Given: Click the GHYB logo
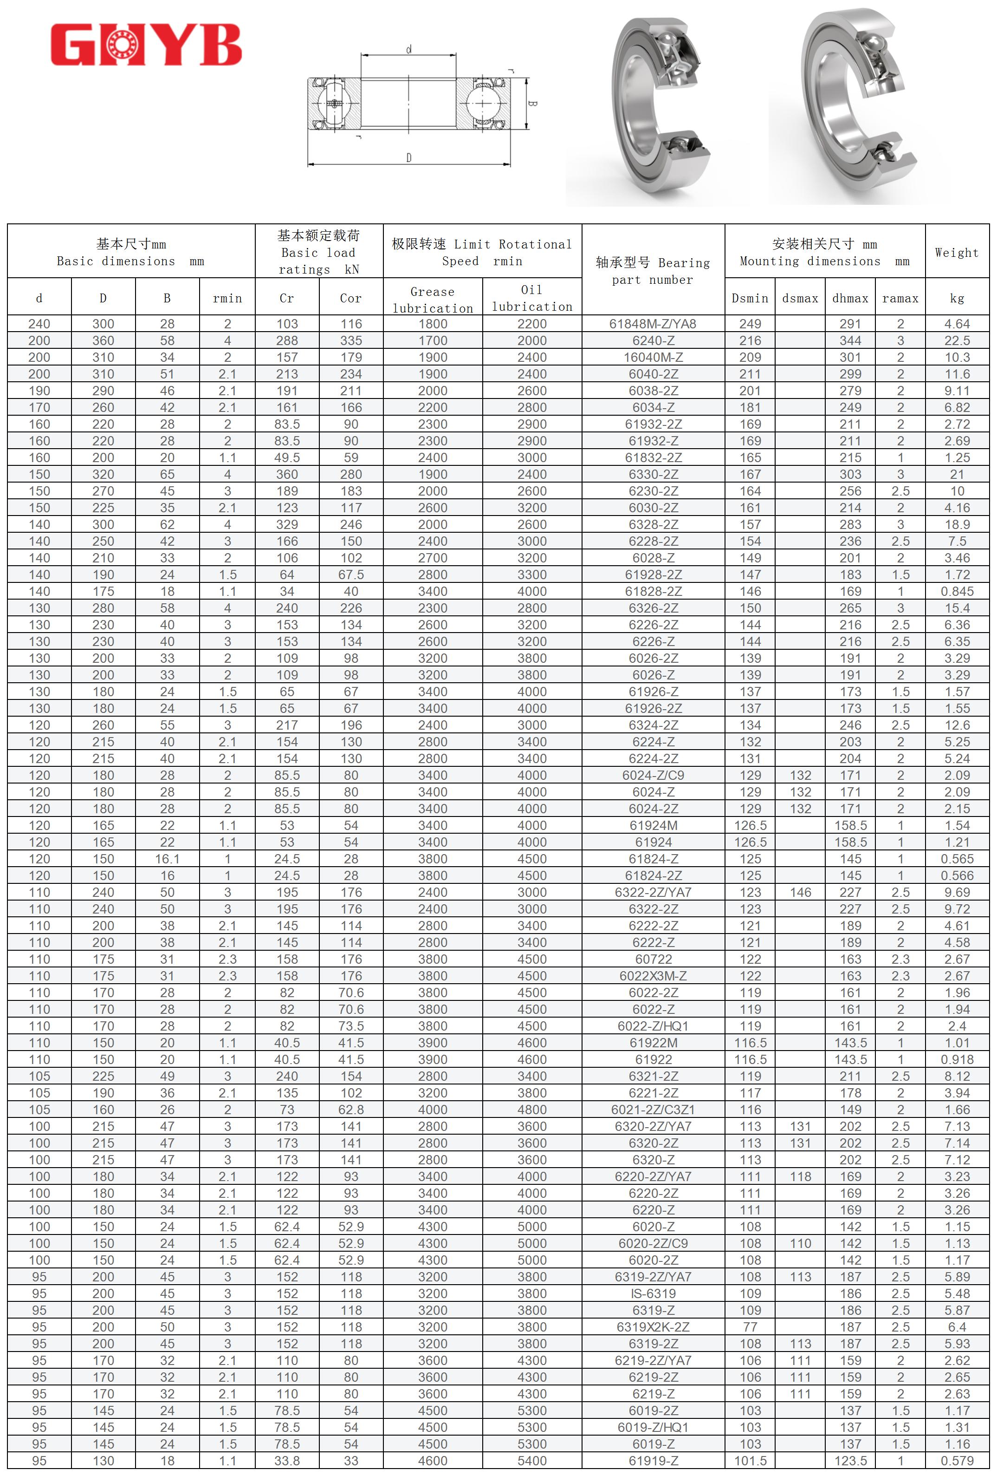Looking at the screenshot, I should click(146, 45).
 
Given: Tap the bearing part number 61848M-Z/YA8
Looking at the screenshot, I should click(653, 324).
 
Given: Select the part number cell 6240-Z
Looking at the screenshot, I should click(653, 340).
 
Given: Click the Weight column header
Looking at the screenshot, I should click(956, 252).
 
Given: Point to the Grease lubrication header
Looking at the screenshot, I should click(432, 299).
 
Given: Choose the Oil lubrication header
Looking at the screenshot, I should click(532, 298).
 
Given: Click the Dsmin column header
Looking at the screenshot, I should click(750, 298).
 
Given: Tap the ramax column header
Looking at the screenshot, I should click(900, 298).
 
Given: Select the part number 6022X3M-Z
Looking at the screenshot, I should click(653, 975).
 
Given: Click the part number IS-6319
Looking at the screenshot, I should click(653, 1293).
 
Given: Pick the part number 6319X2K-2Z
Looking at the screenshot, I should click(653, 1327).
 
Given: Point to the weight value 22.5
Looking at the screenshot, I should click(956, 340).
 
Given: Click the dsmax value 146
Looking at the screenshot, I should click(800, 892).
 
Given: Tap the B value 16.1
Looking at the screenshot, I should click(167, 859).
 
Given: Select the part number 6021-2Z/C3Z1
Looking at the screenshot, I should click(653, 1110).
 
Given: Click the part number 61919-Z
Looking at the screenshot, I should click(653, 1461).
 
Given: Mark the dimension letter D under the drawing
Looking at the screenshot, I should click(409, 157).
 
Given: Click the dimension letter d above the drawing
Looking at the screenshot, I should click(409, 49).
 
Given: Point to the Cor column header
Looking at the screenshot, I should click(350, 298).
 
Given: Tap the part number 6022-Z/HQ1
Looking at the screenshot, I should click(653, 1025).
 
